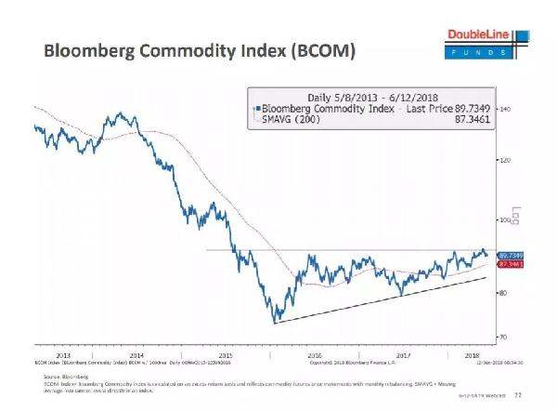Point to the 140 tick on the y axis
tap(507, 109)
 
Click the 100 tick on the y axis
tap(507, 220)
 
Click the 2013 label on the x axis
tap(62, 355)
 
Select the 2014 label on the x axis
tap(136, 355)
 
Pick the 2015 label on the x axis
tap(225, 355)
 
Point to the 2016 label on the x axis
tap(313, 355)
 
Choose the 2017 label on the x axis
tap(401, 355)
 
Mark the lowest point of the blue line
tap(276, 323)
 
